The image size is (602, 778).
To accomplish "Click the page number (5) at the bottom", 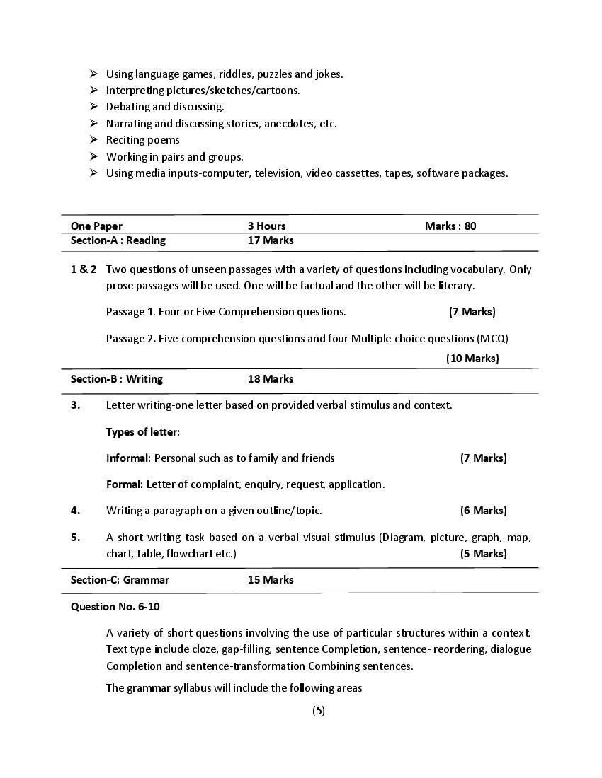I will [319, 711].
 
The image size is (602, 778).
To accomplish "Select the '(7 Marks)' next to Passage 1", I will [472, 311].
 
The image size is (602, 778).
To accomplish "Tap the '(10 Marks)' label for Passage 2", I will [472, 358].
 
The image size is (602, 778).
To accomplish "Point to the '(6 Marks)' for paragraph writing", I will [483, 510].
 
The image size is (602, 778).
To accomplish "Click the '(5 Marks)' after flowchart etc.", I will [483, 553].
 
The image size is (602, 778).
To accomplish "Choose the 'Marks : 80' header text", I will [450, 226].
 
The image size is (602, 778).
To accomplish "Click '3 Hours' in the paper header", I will [267, 226].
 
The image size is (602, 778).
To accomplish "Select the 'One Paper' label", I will [96, 226].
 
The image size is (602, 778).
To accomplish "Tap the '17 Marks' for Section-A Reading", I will [271, 240].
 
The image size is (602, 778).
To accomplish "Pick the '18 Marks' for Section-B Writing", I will [271, 378].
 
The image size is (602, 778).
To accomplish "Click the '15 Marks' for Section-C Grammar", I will [271, 579].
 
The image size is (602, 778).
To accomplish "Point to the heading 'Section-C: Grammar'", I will [120, 579].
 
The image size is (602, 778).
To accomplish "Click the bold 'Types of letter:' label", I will [143, 431].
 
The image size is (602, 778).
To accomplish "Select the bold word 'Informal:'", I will [128, 458].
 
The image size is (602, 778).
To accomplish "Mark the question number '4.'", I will [76, 510].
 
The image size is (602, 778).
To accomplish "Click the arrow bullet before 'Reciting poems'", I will [93, 139].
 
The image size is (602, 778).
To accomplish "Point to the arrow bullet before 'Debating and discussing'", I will [93, 106].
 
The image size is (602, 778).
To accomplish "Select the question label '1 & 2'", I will [84, 269].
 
